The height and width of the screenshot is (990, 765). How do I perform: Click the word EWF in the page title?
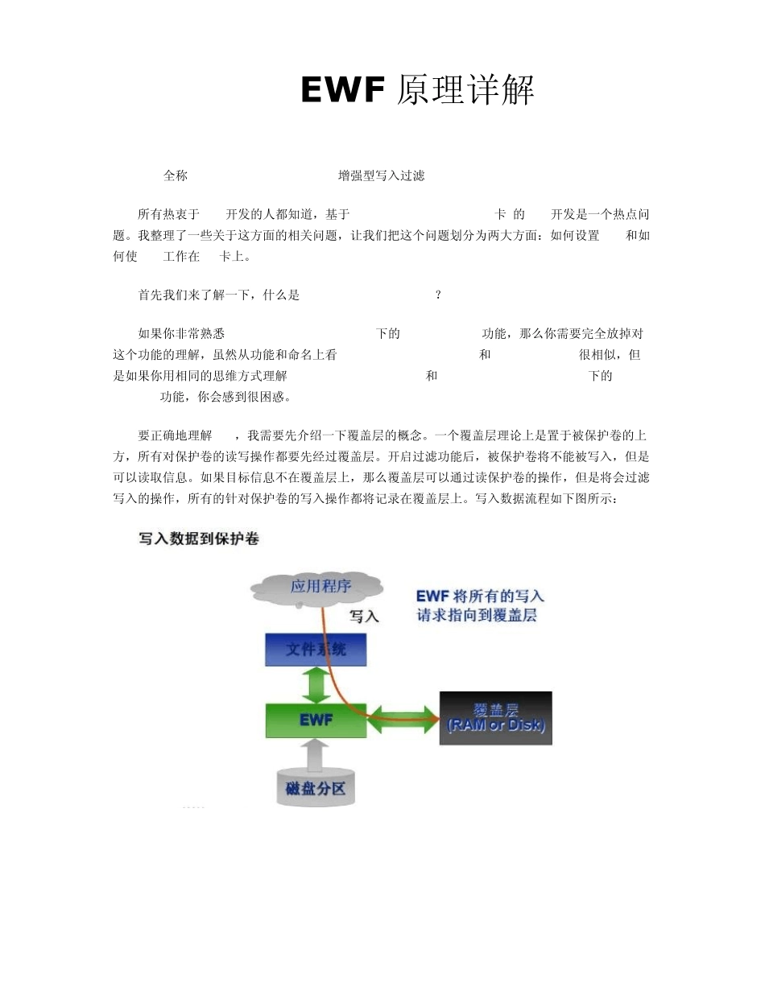coord(342,90)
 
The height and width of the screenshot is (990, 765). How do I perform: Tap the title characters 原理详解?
coord(466,91)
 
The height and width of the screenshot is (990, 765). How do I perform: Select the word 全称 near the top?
coord(176,175)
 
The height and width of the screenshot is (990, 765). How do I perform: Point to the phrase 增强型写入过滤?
coord(381,175)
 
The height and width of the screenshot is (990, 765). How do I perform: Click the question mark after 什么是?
coord(437,295)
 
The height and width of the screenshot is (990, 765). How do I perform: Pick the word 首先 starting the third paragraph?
coord(151,295)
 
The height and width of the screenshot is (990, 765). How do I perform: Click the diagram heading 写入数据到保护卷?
coord(199,539)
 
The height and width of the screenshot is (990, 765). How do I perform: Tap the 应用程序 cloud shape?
coord(320,588)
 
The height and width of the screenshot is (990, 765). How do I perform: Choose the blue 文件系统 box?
coord(316,649)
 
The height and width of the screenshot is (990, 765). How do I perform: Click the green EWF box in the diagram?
coord(316,720)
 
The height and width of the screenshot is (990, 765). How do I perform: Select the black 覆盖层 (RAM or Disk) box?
coord(495,718)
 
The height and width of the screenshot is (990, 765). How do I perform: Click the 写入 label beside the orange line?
coord(364,617)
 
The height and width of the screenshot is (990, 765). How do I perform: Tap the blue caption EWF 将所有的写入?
coord(480,596)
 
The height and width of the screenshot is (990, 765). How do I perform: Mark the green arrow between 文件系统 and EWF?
coord(316,685)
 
